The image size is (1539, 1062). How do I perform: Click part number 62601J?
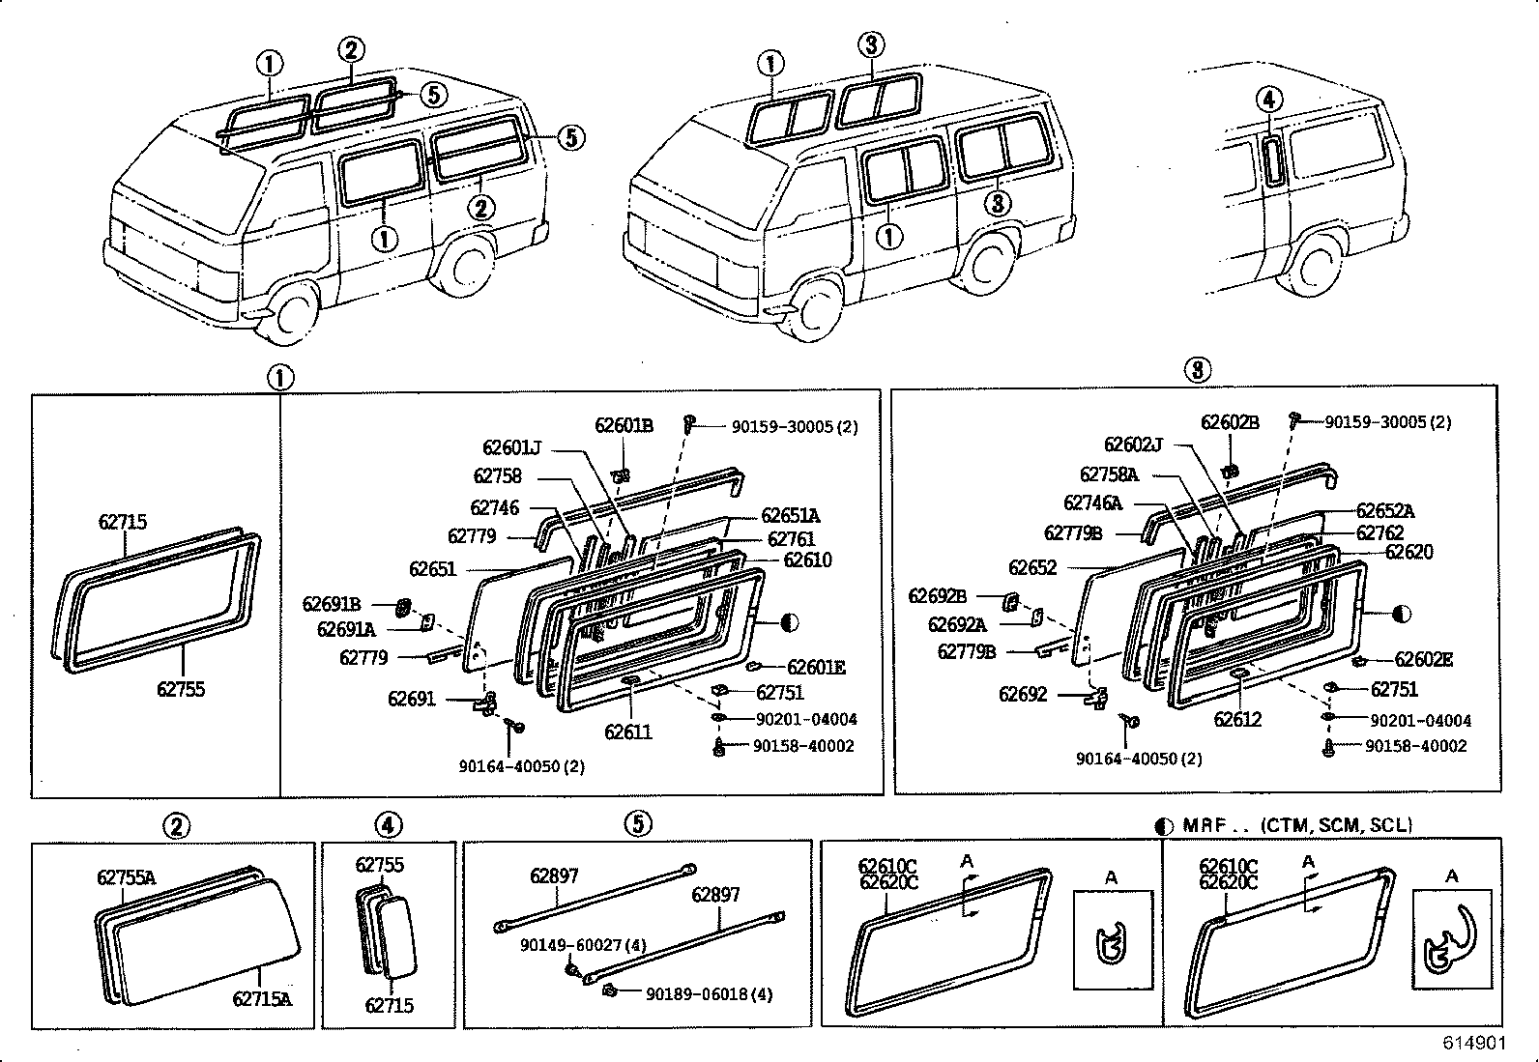click(511, 447)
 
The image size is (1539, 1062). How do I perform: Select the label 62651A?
click(790, 516)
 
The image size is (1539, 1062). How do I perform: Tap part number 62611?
click(628, 732)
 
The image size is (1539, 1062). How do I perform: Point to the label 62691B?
click(331, 604)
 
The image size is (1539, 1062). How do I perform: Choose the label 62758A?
click(1109, 474)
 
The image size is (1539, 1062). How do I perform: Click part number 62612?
click(1237, 720)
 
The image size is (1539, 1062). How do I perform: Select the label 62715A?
click(261, 999)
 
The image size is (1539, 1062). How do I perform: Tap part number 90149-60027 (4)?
click(570, 944)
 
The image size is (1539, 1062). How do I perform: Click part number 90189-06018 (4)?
click(709, 994)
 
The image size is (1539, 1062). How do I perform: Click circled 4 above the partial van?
click(1269, 99)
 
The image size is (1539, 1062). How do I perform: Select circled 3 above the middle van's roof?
click(869, 44)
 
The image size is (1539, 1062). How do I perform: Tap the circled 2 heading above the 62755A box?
click(176, 826)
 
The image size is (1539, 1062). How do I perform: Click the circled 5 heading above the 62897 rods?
click(637, 824)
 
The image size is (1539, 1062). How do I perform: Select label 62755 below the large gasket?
click(181, 690)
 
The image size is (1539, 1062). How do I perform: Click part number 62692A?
click(957, 625)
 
